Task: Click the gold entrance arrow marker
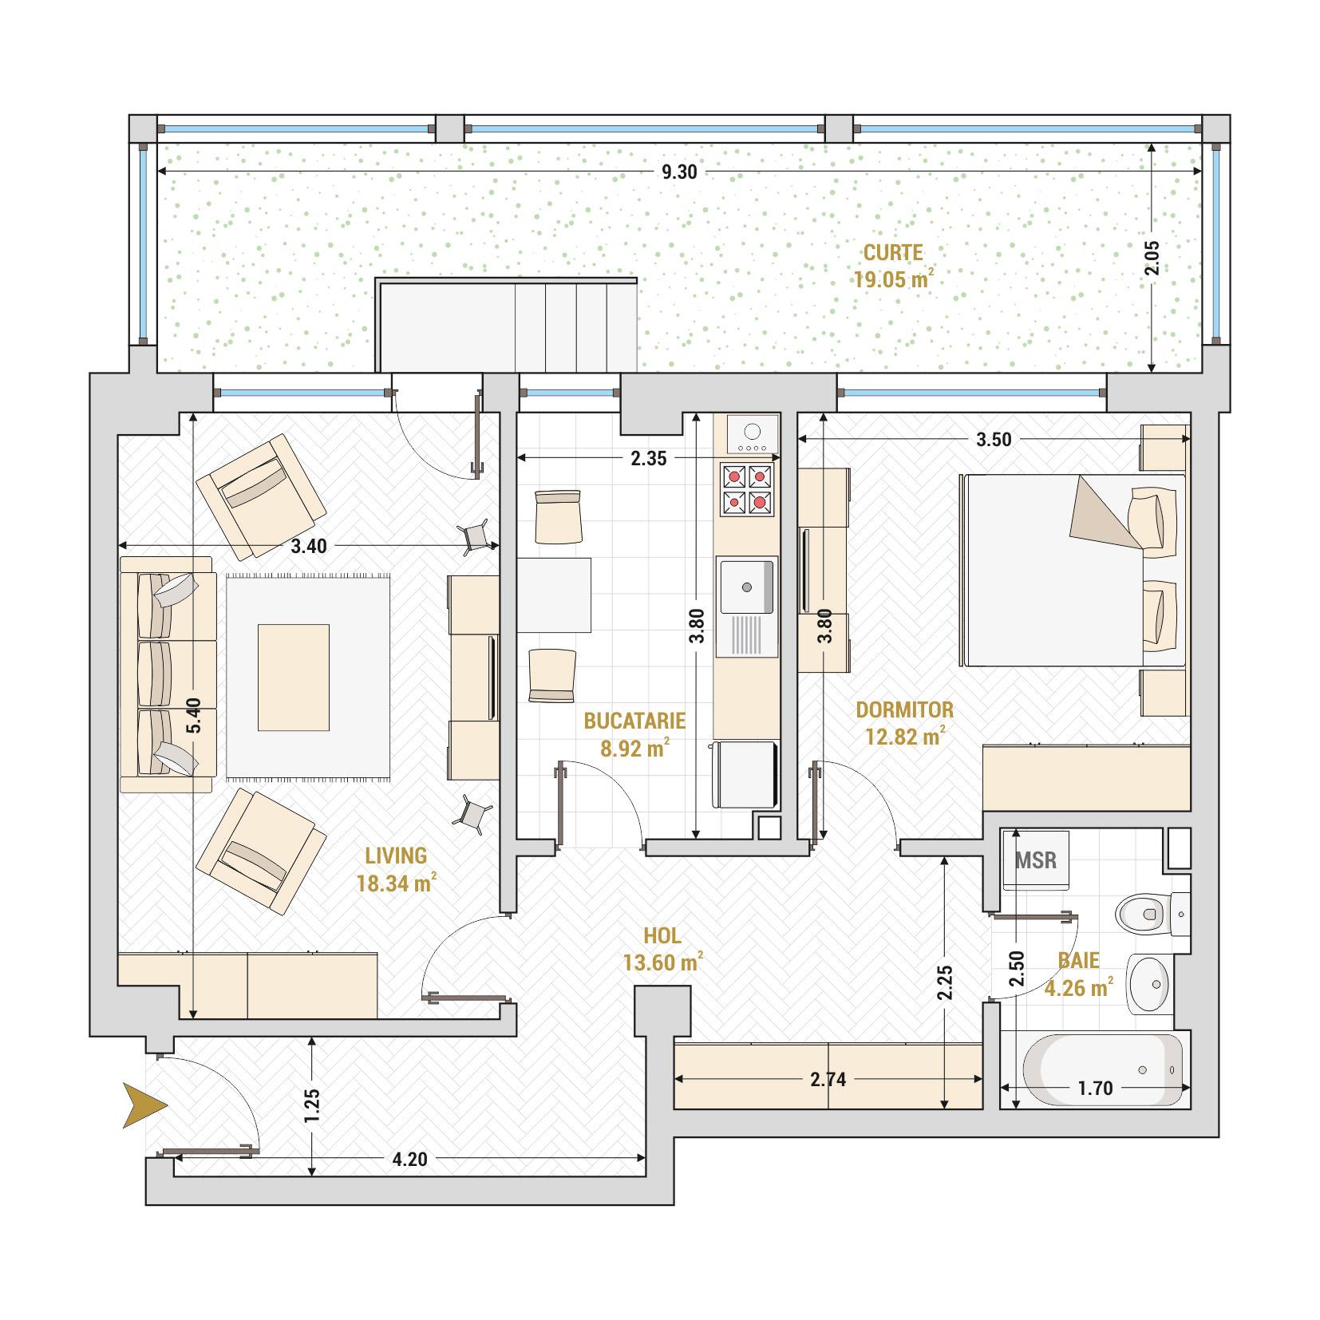(144, 1105)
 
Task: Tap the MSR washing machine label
(1036, 860)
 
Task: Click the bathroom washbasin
(1149, 983)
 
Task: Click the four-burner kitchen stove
(748, 489)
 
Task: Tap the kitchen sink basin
(747, 587)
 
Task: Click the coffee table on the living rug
(294, 678)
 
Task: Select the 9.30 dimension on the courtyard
(679, 172)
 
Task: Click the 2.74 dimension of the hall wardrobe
(828, 1080)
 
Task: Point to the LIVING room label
(396, 856)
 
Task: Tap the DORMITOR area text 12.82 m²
(905, 736)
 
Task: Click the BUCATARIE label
(634, 721)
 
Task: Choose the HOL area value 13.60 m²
(663, 962)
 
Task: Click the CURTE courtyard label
(893, 253)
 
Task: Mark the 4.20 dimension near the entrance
(410, 1159)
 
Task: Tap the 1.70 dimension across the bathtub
(1094, 1088)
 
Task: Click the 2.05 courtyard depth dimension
(1151, 257)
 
